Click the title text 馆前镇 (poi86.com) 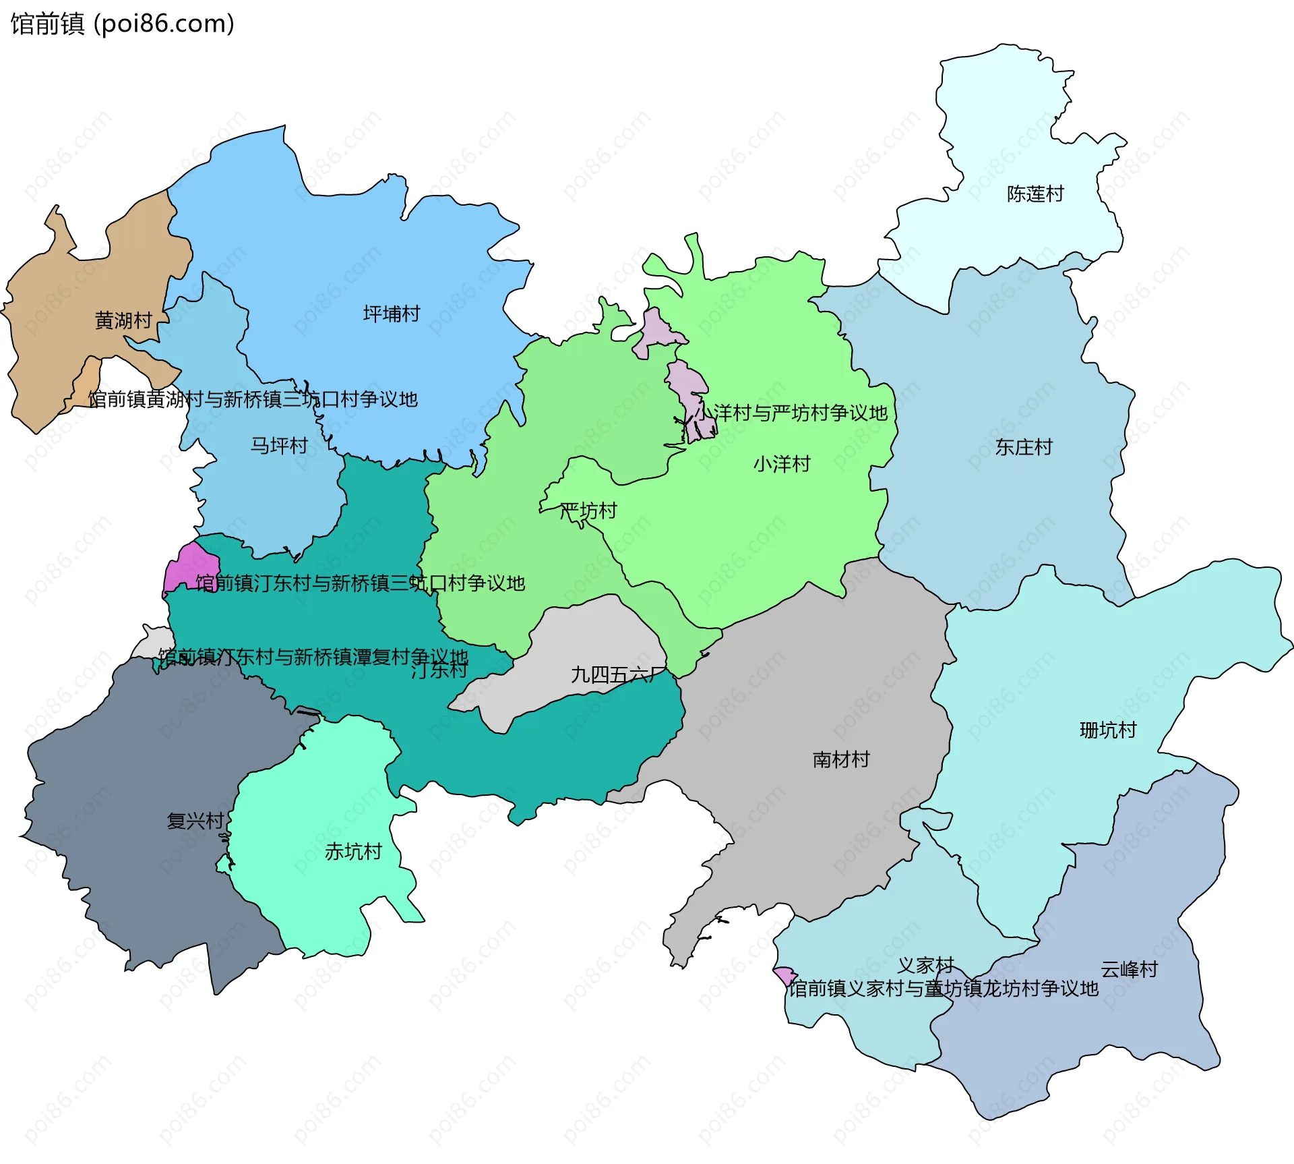(122, 24)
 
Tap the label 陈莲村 (1035, 194)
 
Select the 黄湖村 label (123, 320)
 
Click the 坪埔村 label (392, 314)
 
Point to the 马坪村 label (279, 446)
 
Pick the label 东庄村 (1024, 447)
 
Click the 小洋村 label (782, 464)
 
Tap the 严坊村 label (588, 511)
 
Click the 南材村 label (841, 760)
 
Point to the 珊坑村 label (1108, 730)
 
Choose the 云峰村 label (1130, 970)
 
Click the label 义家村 (925, 966)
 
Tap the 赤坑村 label (353, 852)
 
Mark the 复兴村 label (195, 821)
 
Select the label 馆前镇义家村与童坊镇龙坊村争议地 (944, 989)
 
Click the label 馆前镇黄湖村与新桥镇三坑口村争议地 (253, 399)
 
